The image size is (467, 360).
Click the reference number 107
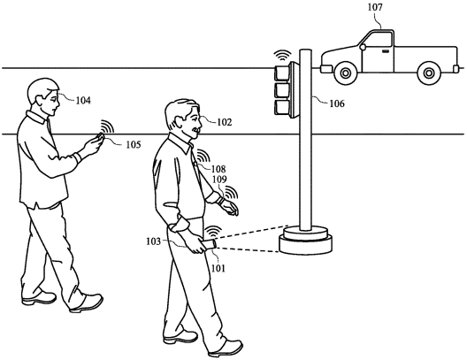coord(375,7)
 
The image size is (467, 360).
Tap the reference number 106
coord(337,103)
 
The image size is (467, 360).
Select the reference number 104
coord(83,101)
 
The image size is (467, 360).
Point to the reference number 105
coord(133,145)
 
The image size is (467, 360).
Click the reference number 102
coord(224,122)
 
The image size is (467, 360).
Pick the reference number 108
coord(218,169)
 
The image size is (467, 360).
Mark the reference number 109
coord(219,180)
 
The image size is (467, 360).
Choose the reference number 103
coord(153,241)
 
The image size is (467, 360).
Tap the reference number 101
coord(218,268)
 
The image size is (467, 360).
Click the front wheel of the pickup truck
coord(346,73)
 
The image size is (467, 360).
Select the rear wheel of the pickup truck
coord(429,73)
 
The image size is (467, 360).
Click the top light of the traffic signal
coord(282,73)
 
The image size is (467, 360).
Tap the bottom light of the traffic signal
coord(282,108)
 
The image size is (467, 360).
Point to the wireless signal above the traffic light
coord(282,56)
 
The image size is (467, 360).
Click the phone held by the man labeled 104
coord(100,137)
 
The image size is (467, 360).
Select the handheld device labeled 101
coord(209,245)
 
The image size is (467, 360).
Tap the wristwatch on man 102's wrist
coord(221,199)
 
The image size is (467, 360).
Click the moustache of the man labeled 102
coord(196,130)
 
